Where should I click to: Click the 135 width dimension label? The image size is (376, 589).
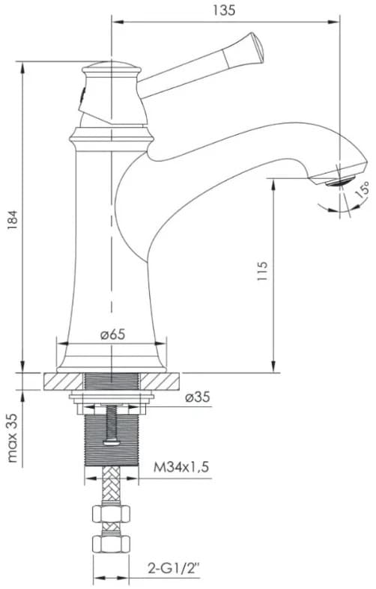coord(224,10)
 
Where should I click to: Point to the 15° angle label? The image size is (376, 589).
coord(362,189)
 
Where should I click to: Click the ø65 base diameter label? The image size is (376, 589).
coord(112,335)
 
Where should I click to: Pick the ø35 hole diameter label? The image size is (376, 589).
coord(198,397)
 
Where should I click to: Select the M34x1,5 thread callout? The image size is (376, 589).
coord(181,468)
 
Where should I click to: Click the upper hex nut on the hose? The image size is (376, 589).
coord(112,515)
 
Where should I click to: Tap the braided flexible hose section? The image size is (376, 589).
coord(112,491)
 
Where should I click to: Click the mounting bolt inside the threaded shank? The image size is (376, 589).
coord(112,427)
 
